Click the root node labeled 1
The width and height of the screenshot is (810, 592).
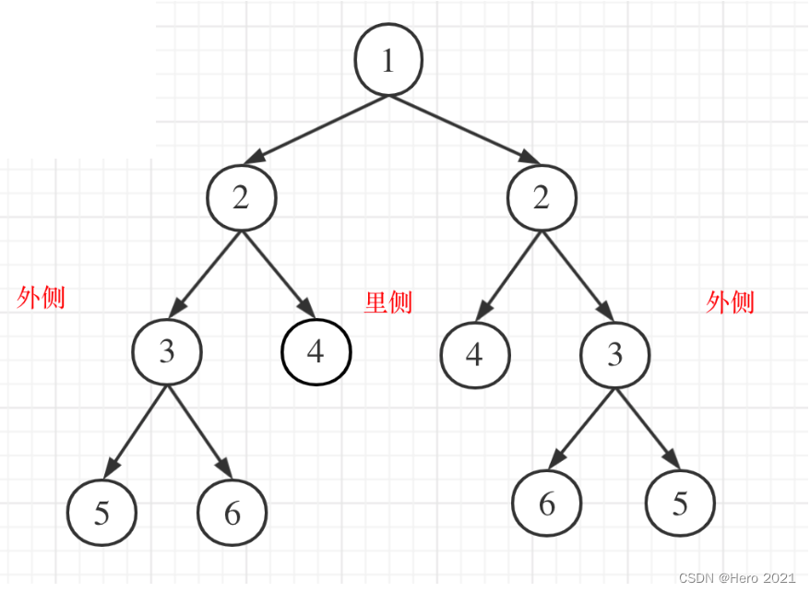click(388, 60)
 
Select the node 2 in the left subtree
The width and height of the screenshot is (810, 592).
click(241, 198)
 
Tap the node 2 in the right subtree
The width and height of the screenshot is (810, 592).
click(542, 198)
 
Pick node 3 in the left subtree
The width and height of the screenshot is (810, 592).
click(167, 352)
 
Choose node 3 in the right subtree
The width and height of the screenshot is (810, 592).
click(615, 355)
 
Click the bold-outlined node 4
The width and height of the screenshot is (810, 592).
click(316, 351)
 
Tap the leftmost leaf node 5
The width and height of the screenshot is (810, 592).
click(101, 512)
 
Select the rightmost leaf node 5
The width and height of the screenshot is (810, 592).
click(680, 504)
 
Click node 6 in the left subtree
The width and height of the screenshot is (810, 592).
click(232, 513)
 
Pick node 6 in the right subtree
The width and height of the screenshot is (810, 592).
click(547, 503)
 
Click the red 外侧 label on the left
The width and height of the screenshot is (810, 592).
click(42, 298)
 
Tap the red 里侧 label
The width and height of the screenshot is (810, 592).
click(388, 302)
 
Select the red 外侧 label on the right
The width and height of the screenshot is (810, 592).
click(731, 302)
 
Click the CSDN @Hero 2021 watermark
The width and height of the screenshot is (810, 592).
click(737, 577)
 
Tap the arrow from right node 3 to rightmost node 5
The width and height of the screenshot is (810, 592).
click(648, 430)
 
